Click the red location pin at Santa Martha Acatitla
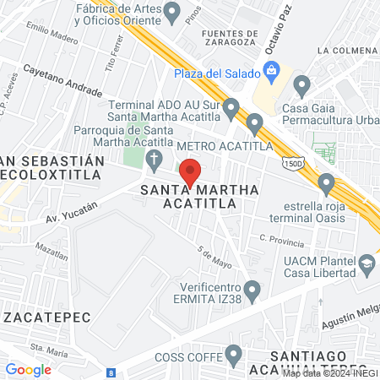pos(191,171)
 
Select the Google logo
pos(28,369)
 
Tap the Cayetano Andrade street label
pos(62,80)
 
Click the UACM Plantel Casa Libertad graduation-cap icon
pos(366,265)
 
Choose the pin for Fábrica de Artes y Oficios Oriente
pos(172,13)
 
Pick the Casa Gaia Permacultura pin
pos(301,84)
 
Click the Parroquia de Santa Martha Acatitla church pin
pos(154,158)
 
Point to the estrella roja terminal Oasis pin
pos(326,184)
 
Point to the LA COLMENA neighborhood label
pos(348,51)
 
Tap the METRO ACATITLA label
pos(224,145)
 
